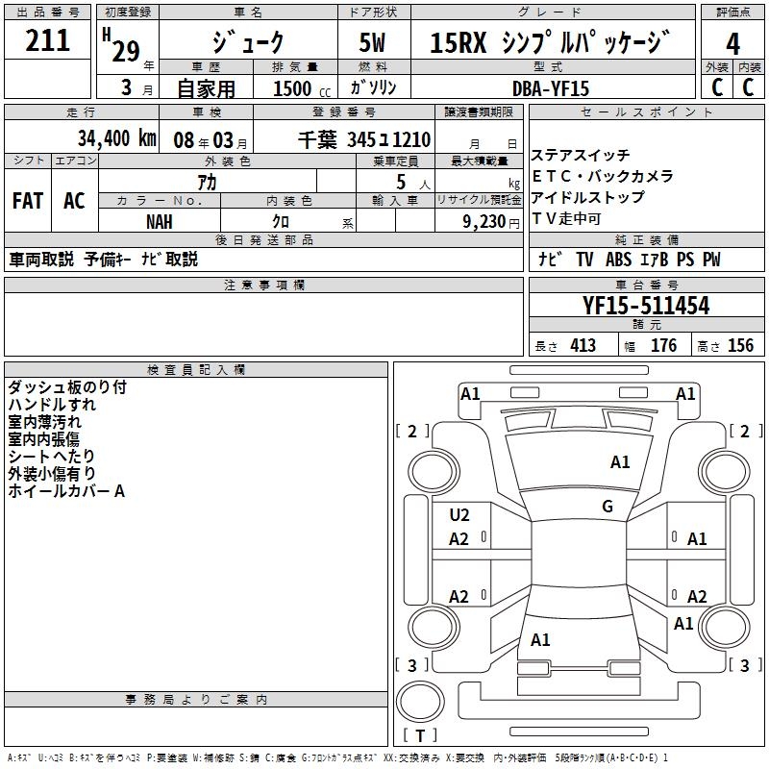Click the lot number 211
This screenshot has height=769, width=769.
[48, 41]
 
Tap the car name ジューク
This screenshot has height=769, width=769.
[248, 42]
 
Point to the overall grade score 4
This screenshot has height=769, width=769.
[732, 43]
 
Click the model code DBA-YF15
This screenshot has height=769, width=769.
[551, 87]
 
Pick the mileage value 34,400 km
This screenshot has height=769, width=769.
[116, 137]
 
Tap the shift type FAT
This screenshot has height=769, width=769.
[28, 201]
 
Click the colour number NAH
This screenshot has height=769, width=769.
[160, 221]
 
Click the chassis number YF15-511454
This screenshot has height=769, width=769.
[646, 306]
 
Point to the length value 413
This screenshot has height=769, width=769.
[583, 346]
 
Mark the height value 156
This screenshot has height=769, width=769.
[740, 346]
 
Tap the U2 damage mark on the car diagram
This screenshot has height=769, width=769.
[459, 514]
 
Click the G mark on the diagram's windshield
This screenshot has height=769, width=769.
[608, 507]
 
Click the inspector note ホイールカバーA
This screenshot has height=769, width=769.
[66, 491]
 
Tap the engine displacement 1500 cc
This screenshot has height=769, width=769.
[293, 87]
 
